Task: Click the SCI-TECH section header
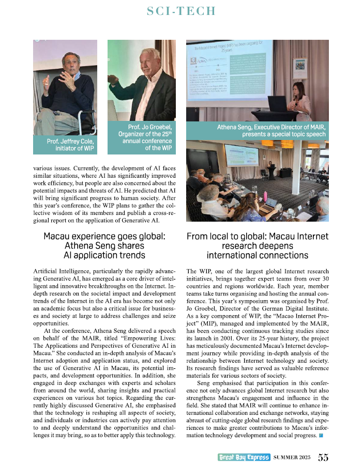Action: coord(181,12)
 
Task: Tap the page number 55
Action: coord(323,457)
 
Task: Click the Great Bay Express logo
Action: coord(243,457)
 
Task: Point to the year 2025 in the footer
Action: coord(305,457)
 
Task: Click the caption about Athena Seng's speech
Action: coord(272,131)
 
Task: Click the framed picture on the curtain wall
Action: coord(299,65)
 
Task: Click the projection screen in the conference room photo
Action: coord(242,154)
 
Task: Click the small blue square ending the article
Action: coord(321,436)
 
